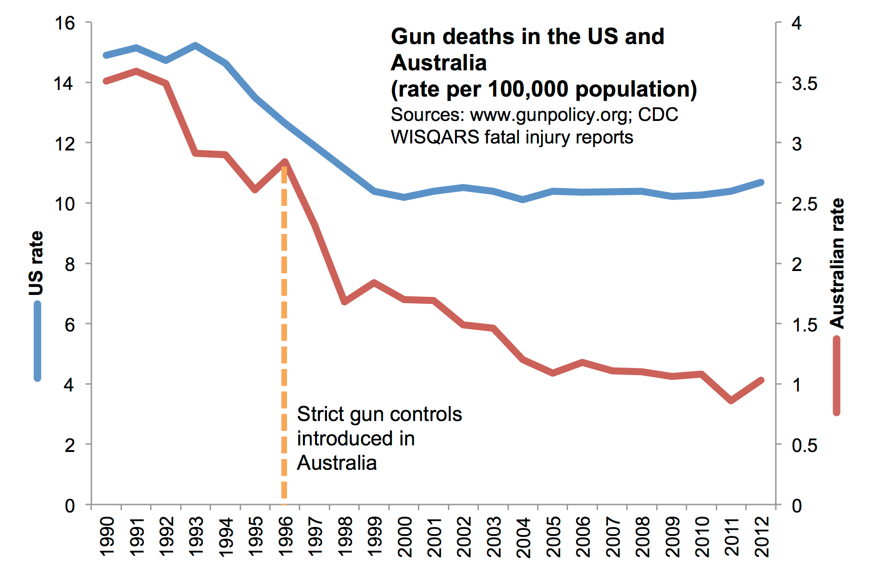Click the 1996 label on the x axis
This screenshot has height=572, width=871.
285,536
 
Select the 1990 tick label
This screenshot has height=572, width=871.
107,536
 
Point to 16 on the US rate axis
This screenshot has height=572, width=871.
65,23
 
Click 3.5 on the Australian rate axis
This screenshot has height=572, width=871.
804,83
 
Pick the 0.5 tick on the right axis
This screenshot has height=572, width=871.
804,445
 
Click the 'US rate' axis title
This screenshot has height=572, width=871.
36,263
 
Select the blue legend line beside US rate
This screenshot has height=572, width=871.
38,341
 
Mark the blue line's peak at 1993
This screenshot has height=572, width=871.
196,45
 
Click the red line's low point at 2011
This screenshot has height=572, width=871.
731,401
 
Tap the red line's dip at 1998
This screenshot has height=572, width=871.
345,301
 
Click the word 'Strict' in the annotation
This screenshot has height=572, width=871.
318,414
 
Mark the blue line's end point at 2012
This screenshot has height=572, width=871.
761,182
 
